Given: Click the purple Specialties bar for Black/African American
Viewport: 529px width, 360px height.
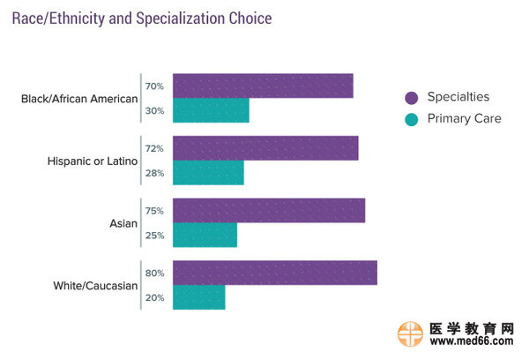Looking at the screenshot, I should point(263,86).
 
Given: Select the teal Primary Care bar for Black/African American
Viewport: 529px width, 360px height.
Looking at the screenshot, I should point(211,110).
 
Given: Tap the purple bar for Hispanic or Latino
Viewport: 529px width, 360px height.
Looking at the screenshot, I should point(265,148).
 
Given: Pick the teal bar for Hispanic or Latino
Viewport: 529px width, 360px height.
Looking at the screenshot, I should point(208,173).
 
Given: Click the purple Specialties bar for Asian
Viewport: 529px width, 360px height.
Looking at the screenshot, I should point(269,210).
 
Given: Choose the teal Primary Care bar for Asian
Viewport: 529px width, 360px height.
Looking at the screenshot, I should point(205,235).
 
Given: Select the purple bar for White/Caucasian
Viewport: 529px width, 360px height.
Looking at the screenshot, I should point(275,273).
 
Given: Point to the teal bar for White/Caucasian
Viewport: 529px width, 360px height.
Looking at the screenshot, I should point(198,297).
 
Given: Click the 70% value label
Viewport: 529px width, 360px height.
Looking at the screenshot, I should point(154,86).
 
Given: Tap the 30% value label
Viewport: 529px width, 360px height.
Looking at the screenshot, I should point(154,111).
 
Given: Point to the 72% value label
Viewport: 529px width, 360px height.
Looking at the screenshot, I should point(154,149).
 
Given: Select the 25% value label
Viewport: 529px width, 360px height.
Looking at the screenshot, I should point(154,236).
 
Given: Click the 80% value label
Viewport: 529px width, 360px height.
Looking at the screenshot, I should point(154,274).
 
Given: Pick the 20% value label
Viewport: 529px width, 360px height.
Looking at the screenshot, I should point(154,298).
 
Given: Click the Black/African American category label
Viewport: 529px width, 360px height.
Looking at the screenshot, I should point(79,99).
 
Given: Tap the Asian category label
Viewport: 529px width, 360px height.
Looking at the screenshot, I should point(123,223).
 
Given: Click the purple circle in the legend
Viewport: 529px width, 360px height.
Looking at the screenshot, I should point(411,97).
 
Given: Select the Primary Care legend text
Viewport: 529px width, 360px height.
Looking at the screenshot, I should point(464,118).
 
